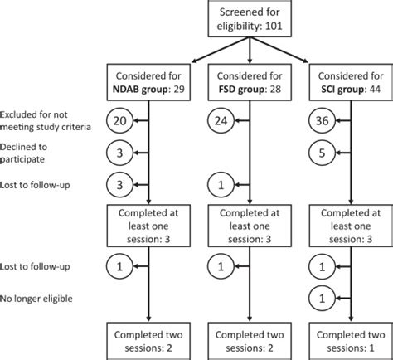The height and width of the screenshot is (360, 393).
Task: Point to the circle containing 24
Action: tap(219, 122)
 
